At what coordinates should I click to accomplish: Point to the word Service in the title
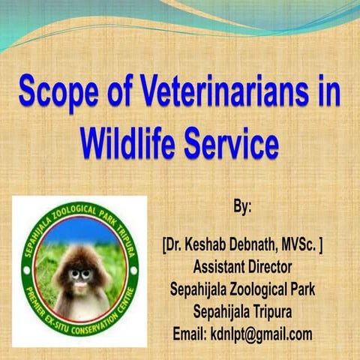230,142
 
